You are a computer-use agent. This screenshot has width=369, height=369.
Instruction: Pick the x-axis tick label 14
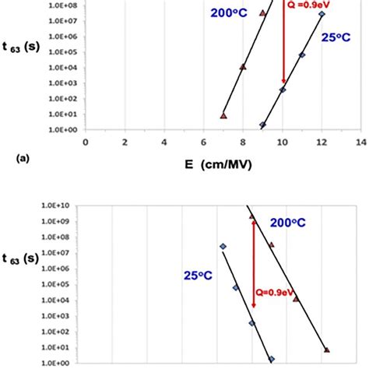point(360,142)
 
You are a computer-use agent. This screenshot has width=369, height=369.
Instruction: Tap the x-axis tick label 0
point(85,142)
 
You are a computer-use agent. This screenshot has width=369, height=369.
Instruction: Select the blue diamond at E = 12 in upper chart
point(322,14)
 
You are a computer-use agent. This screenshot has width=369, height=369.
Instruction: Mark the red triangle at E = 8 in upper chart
point(243,67)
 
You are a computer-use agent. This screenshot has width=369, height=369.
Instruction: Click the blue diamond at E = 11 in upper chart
point(302,55)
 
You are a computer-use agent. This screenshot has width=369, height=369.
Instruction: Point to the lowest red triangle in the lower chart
point(326,350)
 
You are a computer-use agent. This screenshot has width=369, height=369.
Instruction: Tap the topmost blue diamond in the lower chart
point(223,246)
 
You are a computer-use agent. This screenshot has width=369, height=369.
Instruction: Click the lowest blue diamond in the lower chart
point(272,359)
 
